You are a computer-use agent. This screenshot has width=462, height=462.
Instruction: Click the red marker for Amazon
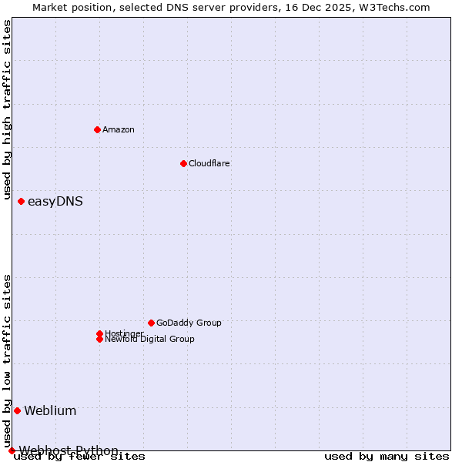pos(97,129)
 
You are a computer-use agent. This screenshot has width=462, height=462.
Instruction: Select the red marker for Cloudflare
pos(183,163)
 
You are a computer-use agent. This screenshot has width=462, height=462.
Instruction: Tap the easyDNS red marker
pos(21,202)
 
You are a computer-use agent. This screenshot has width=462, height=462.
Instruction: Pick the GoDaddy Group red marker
pos(151,323)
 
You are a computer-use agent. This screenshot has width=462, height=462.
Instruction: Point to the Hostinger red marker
pos(99,333)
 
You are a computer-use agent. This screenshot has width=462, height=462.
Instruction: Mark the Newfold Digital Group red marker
pos(99,339)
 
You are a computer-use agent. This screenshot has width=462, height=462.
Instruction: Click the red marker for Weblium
pos(17,410)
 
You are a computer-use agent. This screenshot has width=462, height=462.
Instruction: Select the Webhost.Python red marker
pos(12,450)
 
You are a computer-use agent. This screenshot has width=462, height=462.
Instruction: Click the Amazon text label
pos(119,129)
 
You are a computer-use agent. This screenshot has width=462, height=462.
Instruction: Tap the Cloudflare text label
pos(209,163)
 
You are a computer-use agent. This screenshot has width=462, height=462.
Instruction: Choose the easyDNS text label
pos(55,202)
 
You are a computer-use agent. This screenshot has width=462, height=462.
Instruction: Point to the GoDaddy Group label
pos(189,323)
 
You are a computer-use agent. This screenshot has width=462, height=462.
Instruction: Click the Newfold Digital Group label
pos(149,339)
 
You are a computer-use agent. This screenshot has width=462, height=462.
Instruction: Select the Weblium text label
pos(50,410)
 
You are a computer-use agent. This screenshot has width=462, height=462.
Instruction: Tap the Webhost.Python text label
pos(69,450)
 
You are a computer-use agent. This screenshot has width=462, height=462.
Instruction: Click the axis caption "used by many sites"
pos(387,457)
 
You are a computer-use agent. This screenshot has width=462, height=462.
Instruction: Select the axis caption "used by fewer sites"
pos(79,457)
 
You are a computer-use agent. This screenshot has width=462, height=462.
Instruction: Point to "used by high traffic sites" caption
pos(7,109)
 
